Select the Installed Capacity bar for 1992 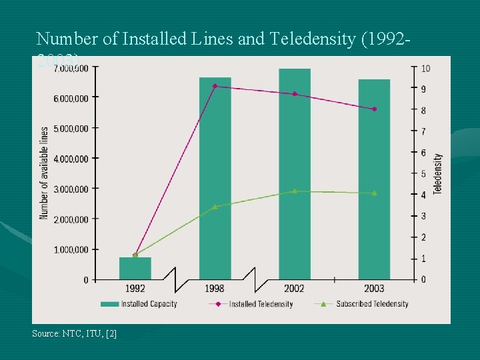pyautogui.click(x=135, y=269)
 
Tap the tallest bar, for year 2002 pyautogui.click(x=294, y=174)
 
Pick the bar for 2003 pyautogui.click(x=374, y=179)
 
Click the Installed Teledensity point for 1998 pyautogui.click(x=215, y=86)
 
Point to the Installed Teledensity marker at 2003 pyautogui.click(x=374, y=109)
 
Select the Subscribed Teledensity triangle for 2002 pyautogui.click(x=294, y=191)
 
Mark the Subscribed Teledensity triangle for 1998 pyautogui.click(x=215, y=207)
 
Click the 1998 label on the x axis pyautogui.click(x=215, y=288)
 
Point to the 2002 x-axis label pyautogui.click(x=294, y=288)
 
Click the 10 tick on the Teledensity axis pyautogui.click(x=425, y=69)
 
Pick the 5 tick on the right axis pyautogui.click(x=423, y=174)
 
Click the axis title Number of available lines pyautogui.click(x=44, y=173)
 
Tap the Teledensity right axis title pyautogui.click(x=438, y=173)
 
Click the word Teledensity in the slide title pyautogui.click(x=313, y=39)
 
